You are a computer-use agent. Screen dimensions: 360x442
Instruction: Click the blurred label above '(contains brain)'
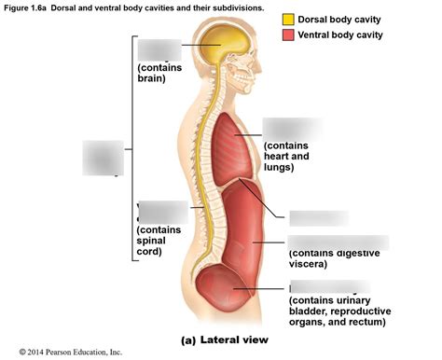(159, 49)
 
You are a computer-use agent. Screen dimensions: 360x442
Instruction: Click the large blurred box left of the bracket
(102, 157)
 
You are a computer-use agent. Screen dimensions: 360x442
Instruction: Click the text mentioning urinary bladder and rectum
(339, 311)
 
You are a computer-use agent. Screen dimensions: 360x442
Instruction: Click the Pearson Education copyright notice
(62, 353)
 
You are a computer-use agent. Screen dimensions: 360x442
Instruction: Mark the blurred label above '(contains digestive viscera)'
(337, 242)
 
